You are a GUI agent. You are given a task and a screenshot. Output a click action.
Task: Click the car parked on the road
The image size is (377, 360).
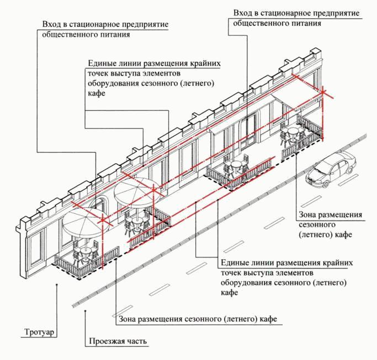pyautogui.click(x=331, y=169)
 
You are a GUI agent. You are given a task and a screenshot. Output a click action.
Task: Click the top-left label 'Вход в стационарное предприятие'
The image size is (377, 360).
pyautogui.click(x=105, y=25)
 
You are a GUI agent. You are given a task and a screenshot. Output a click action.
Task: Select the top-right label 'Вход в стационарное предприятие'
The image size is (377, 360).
pyautogui.click(x=296, y=13)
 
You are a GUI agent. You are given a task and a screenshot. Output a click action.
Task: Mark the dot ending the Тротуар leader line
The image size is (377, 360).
pyautogui.click(x=58, y=284)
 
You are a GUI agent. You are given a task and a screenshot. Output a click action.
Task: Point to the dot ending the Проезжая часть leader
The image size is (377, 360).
pyautogui.click(x=84, y=312)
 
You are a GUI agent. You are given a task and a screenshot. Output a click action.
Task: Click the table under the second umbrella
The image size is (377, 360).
pyautogui.click(x=135, y=221)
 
